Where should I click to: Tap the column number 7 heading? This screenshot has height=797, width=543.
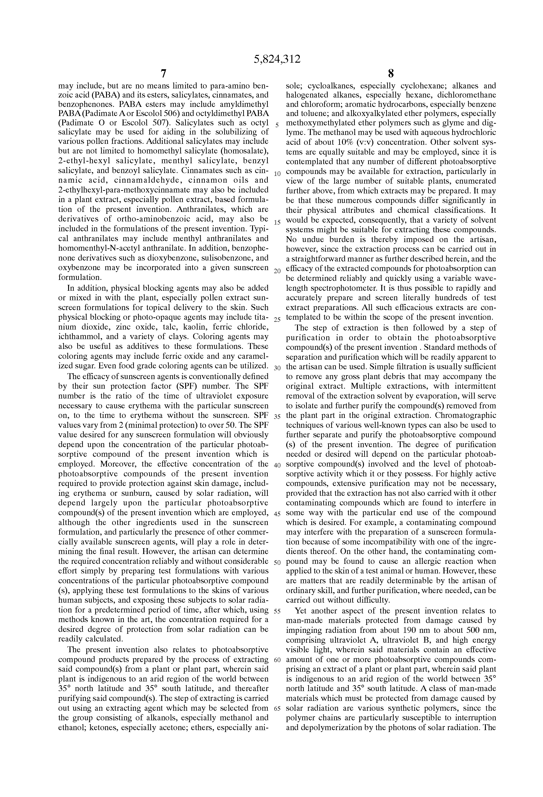click(163, 74)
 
